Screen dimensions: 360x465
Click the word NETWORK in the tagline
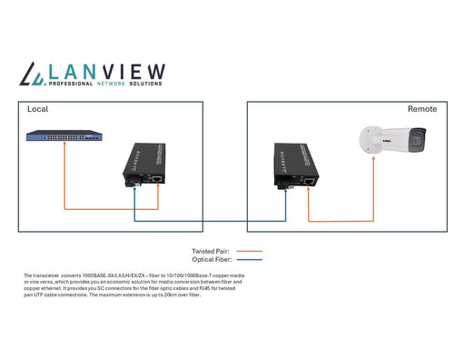(115, 84)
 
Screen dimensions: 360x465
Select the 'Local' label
(37, 109)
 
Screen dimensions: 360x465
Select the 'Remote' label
(421, 109)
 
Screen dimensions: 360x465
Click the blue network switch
(64, 137)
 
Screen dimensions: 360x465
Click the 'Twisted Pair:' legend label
(211, 250)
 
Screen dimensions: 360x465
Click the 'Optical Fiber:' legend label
(211, 258)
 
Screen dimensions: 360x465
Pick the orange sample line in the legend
(249, 250)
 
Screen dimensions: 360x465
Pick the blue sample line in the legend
(249, 258)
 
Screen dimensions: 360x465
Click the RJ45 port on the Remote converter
(310, 181)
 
